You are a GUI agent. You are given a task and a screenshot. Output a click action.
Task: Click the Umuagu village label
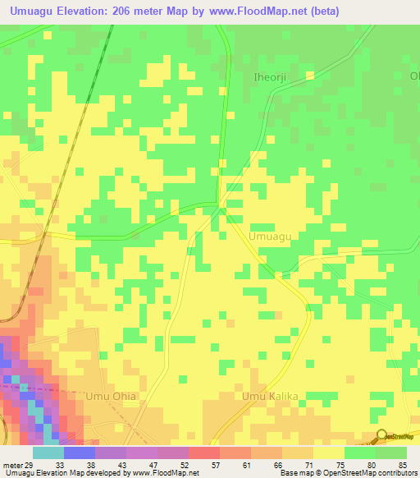(x=270, y=237)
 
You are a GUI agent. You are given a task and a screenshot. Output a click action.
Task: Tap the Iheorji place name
(x=267, y=79)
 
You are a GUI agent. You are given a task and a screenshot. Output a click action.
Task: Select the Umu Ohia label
(x=111, y=397)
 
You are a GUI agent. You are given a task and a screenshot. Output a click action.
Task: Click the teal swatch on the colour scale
(x=48, y=453)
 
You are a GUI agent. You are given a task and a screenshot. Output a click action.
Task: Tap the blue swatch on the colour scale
(x=80, y=453)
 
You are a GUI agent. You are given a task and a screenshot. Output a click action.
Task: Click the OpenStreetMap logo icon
(x=381, y=436)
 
